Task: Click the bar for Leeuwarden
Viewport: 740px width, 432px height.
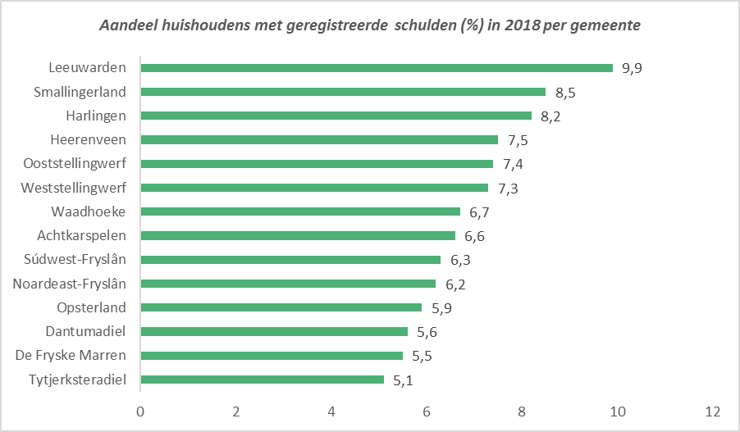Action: pos(377,68)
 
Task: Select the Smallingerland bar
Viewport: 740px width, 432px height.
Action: pos(343,92)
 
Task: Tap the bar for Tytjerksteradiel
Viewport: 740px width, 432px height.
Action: pos(263,380)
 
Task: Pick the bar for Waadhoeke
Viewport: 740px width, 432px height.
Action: pos(300,211)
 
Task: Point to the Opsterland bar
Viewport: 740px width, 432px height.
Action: pos(281,307)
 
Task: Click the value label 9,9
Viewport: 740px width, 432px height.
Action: pos(631,68)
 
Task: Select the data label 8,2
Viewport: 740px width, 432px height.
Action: pos(550,116)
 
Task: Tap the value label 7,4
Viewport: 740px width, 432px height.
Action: pos(514,164)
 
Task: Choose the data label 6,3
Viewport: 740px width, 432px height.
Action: pos(461,260)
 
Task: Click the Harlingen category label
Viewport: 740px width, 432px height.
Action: pos(96,116)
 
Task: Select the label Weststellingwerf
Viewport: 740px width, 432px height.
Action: pos(74,188)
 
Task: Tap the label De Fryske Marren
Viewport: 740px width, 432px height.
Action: pos(71,356)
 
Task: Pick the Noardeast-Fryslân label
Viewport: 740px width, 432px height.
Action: pos(70,284)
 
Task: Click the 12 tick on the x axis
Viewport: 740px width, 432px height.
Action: pos(712,411)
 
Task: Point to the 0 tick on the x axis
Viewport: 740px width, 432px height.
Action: pos(141,411)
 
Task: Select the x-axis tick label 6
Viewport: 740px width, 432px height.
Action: pos(427,411)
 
